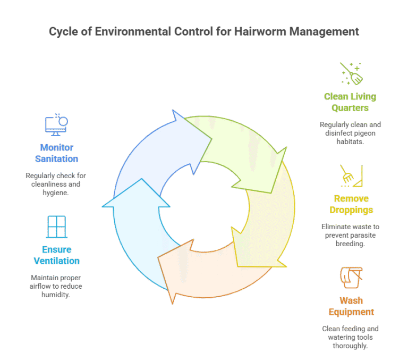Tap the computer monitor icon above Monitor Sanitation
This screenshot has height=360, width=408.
pos(56,124)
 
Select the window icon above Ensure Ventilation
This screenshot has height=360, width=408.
pos(56,227)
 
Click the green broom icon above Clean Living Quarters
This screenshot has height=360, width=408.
pos(351,74)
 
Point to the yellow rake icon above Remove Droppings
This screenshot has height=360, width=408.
pos(351,176)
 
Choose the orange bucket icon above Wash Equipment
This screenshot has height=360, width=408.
pos(351,278)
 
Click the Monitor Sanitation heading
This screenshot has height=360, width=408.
pos(56,153)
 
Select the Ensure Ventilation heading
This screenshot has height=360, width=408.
pos(56,255)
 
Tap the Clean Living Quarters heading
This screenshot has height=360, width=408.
pos(350,102)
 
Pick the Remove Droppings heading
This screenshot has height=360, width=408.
pos(351,204)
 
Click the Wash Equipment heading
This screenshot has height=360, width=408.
pos(351,306)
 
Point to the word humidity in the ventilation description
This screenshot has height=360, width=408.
pos(56,295)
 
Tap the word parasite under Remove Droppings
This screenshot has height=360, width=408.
pos(363,235)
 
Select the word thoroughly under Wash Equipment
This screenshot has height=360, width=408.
pos(350,346)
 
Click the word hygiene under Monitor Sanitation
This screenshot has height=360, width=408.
pos(56,193)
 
